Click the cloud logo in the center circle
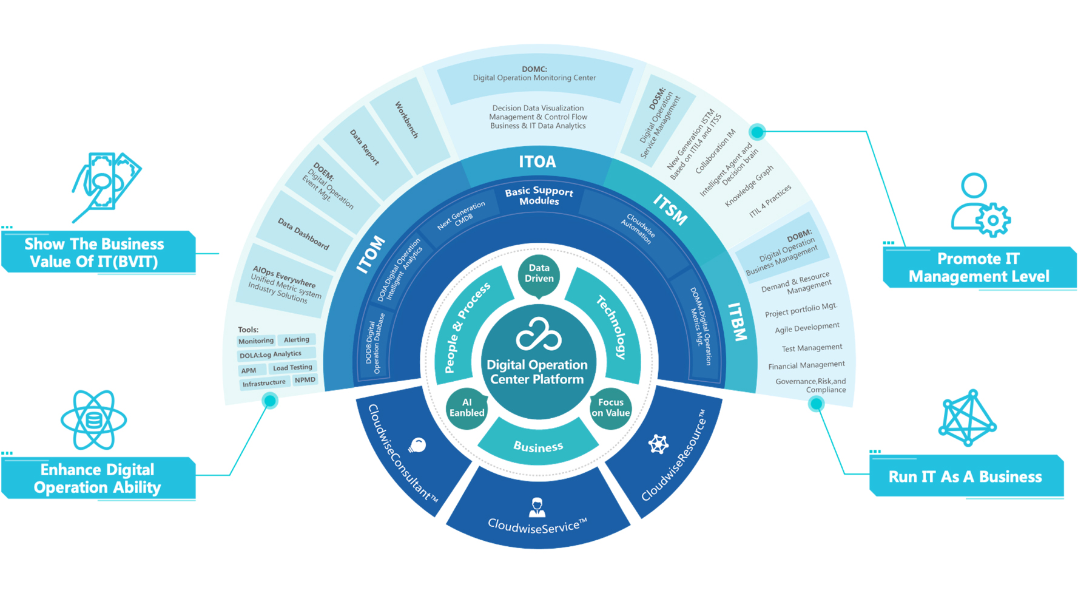click(538, 336)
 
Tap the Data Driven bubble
click(539, 274)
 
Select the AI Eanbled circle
click(467, 408)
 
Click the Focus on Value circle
click(610, 408)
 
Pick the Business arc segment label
click(538, 447)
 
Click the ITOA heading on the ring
click(537, 162)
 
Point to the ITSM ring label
click(670, 209)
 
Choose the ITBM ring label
click(737, 322)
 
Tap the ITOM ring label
click(371, 255)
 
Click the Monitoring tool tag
click(256, 341)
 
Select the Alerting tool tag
click(297, 340)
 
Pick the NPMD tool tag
click(305, 380)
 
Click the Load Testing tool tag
click(292, 367)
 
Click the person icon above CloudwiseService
click(536, 506)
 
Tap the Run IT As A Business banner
click(966, 476)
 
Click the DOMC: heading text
click(534, 69)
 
